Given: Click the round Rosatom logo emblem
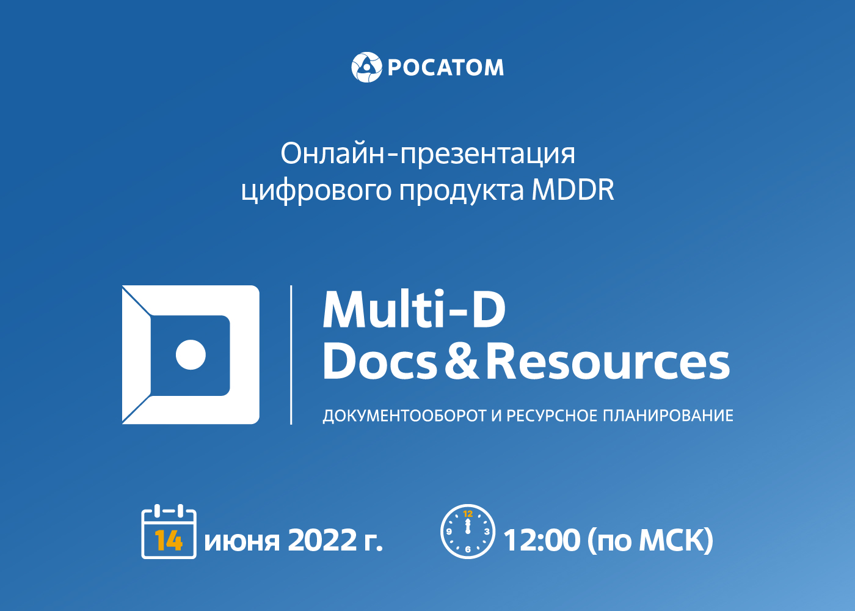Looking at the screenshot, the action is point(366,67).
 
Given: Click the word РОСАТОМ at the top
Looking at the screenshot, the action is point(446,68).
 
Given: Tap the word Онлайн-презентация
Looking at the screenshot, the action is point(428,154).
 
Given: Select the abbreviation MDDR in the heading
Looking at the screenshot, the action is point(573,190).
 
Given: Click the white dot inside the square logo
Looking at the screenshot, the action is point(191,355).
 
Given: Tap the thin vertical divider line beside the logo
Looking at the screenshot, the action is point(291,355).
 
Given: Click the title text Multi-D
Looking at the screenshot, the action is point(415,309).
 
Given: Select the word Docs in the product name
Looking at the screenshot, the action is point(380,361).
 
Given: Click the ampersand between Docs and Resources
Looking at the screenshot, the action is point(462,361).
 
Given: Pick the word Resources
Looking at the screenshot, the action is point(608,361).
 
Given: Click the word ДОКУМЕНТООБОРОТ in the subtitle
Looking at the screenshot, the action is point(404,416).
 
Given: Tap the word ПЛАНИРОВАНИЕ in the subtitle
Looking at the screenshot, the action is point(668,415).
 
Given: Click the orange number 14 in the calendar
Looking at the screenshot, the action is point(169,541).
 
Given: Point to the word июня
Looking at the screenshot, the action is point(242,541).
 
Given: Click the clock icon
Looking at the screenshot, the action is point(468,532).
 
